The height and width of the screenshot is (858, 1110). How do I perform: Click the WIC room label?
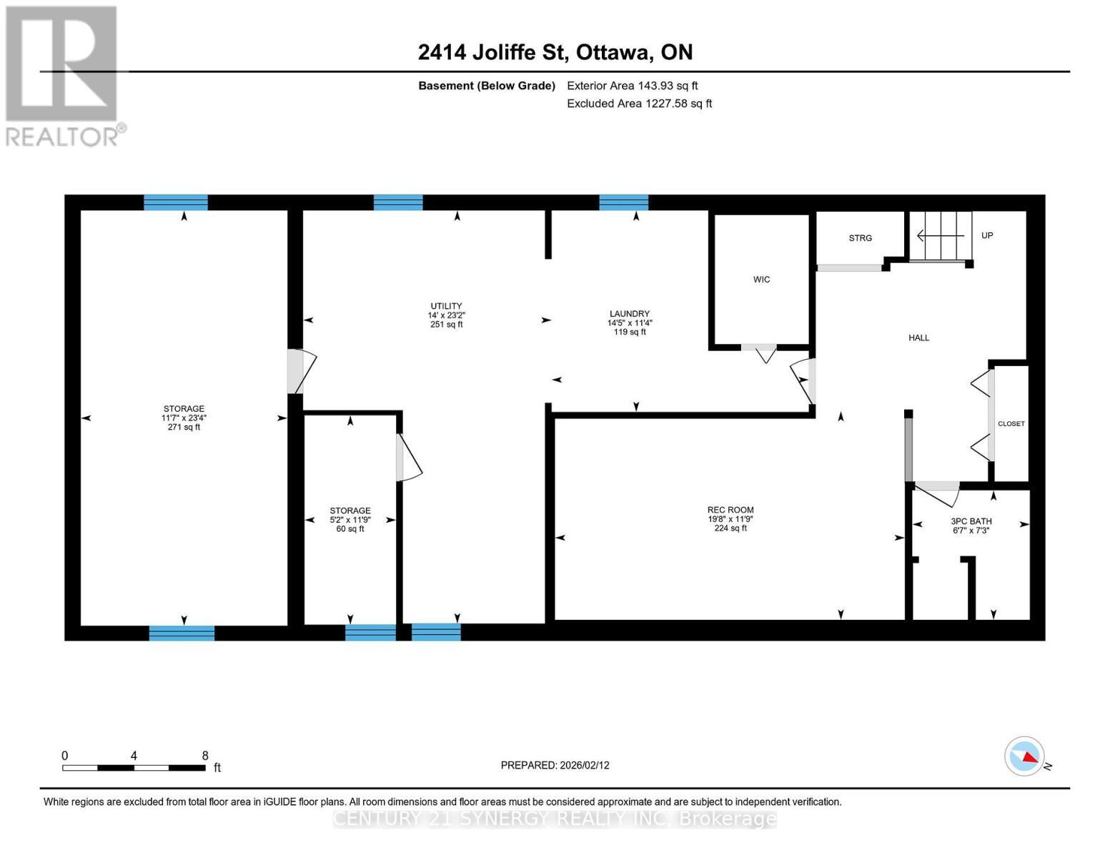(761, 280)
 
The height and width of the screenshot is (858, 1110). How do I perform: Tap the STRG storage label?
(860, 238)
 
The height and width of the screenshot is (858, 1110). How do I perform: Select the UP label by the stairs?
(986, 235)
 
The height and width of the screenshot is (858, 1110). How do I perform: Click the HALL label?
(918, 337)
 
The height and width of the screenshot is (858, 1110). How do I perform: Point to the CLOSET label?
(1011, 423)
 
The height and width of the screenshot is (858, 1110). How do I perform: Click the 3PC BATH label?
(971, 521)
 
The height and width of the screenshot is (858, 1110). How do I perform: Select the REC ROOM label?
(730, 510)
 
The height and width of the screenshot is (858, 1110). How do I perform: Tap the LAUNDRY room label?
(629, 314)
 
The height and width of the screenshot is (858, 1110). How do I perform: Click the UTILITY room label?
(446, 306)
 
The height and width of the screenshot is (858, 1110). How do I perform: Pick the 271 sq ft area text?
(184, 428)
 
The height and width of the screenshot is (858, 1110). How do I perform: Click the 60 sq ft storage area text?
(350, 529)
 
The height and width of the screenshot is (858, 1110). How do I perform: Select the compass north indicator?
(1025, 756)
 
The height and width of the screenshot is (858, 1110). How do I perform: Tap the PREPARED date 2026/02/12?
(555, 765)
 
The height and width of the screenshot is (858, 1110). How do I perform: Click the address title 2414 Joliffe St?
(555, 52)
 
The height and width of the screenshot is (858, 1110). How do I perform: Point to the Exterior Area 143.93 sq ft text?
(632, 86)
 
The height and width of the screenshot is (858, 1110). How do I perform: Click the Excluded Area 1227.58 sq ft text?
(639, 104)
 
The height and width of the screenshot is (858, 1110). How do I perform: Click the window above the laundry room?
(623, 202)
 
